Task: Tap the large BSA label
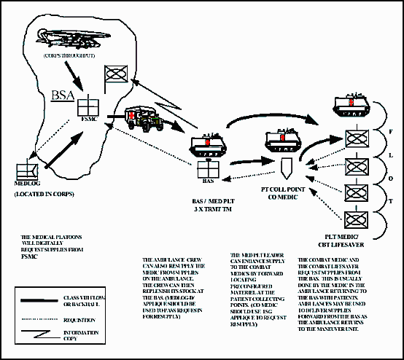point(63,95)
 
